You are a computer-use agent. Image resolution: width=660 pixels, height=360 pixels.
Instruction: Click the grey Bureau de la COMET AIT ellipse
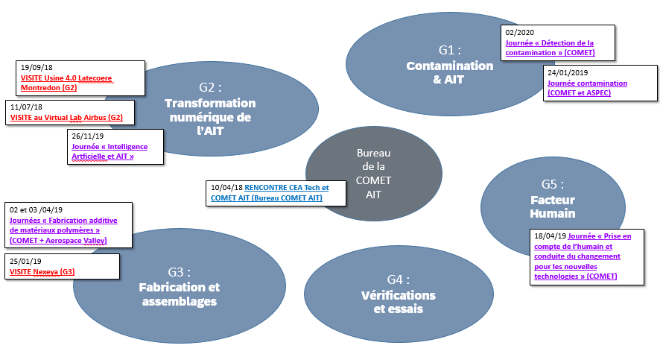[x=372, y=173]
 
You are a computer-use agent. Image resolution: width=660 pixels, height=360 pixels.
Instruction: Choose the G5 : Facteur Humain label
[x=552, y=200]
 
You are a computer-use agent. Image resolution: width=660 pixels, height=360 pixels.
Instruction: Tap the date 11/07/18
[x=27, y=107]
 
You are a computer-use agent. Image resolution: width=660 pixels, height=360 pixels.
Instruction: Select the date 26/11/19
[x=87, y=136]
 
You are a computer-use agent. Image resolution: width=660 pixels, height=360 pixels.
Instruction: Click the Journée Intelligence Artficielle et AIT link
[x=109, y=151]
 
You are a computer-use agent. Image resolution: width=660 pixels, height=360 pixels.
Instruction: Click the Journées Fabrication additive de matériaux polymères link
[x=58, y=230]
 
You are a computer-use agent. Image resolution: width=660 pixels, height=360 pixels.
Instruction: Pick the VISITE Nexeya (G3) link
[x=42, y=272]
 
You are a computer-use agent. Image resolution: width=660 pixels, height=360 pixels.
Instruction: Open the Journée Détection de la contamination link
[x=549, y=48]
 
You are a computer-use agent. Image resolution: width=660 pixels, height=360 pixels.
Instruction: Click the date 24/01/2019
[x=568, y=72]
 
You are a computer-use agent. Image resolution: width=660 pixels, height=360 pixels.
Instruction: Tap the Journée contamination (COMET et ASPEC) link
[x=586, y=88]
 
